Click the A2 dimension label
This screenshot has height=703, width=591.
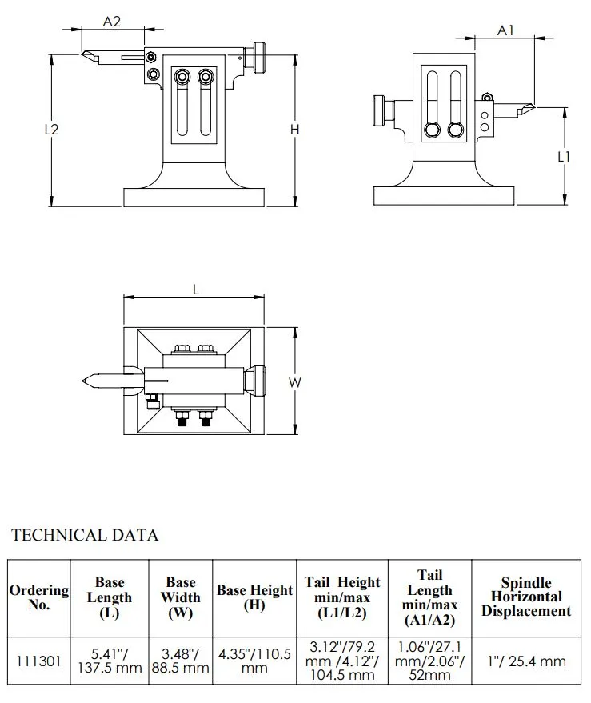[112, 22]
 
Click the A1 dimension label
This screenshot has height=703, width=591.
[505, 30]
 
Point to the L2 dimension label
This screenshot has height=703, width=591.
[51, 129]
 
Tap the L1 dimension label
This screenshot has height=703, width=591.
[564, 157]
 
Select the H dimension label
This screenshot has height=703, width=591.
[294, 129]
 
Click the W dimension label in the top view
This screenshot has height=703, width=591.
[294, 383]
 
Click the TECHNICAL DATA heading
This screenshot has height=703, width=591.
[84, 535]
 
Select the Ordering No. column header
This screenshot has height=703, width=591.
[39, 597]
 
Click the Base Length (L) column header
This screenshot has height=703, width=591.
[110, 597]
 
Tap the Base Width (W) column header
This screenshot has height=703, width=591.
[181, 597]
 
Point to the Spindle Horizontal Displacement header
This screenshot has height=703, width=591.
[525, 597]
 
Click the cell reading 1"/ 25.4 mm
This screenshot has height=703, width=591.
[525, 661]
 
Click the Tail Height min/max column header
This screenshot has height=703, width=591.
[342, 597]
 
